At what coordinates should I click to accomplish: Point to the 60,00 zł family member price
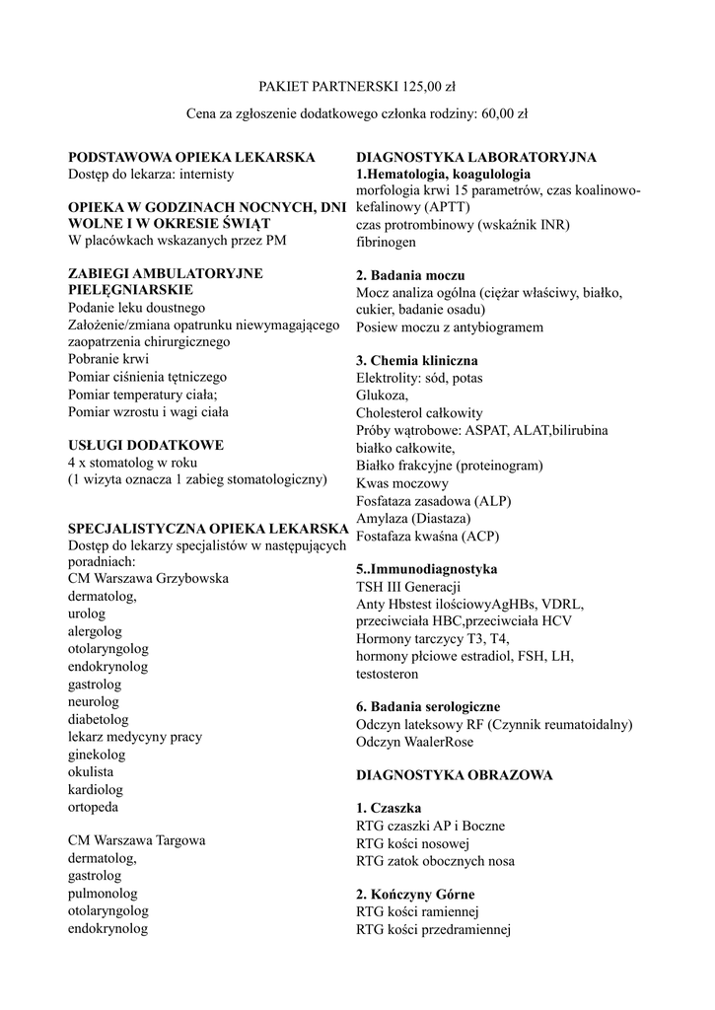click(x=504, y=114)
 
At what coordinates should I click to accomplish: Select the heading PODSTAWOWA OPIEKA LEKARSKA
click(x=191, y=158)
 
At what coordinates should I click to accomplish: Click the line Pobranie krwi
click(x=108, y=359)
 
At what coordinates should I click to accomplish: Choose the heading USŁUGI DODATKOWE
click(x=146, y=445)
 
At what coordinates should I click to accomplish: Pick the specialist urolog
click(x=87, y=613)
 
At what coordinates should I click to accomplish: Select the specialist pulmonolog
click(x=103, y=894)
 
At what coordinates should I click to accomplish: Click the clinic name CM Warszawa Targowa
click(x=137, y=841)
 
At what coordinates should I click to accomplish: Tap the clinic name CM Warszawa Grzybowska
click(x=148, y=578)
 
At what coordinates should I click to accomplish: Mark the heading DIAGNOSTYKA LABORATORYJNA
click(x=475, y=158)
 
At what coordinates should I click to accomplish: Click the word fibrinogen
click(x=386, y=241)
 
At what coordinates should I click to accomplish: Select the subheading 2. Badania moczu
click(x=410, y=275)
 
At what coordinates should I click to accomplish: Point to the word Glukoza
click(x=382, y=395)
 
